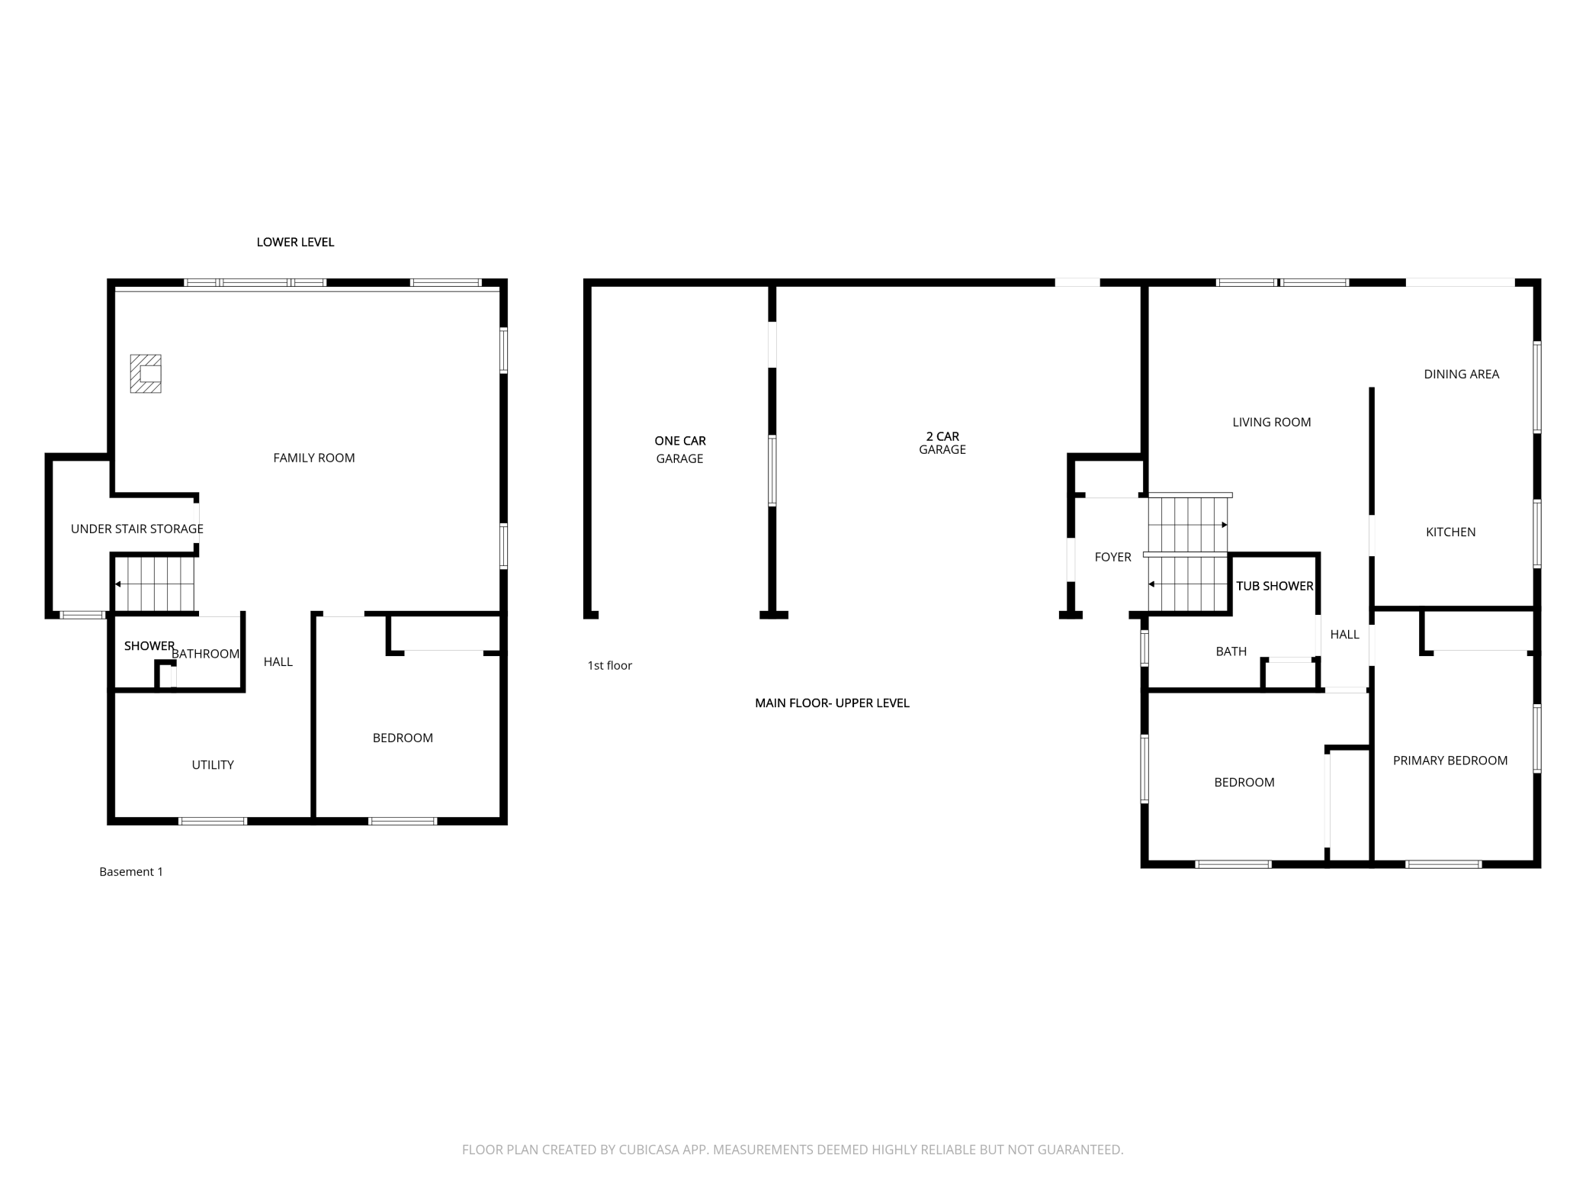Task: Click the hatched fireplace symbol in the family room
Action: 146,374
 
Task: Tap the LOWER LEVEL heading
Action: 295,242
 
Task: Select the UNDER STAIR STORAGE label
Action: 136,529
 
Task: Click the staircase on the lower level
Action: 155,584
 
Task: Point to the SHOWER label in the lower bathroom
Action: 149,646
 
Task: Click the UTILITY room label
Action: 213,765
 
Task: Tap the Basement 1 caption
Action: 131,872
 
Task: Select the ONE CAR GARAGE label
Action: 680,449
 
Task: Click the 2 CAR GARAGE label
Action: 942,443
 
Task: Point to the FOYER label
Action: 1112,558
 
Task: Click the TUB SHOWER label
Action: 1274,586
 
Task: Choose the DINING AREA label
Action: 1461,374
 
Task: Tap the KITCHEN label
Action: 1450,532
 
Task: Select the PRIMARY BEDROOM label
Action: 1450,761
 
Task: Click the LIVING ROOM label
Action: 1271,422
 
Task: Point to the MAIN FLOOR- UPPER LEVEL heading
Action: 832,703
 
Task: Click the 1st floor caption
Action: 609,666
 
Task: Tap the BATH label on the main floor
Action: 1231,651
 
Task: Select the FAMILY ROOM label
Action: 314,458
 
